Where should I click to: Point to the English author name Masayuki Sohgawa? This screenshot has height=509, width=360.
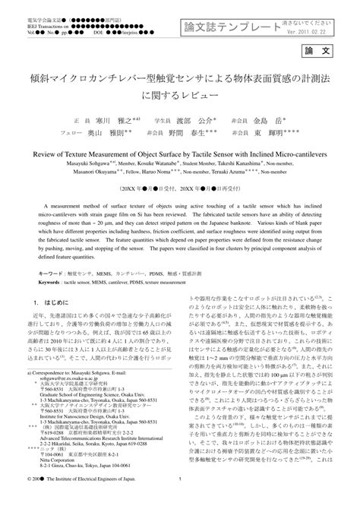tap(66, 163)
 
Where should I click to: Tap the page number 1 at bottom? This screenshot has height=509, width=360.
tap(180, 501)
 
